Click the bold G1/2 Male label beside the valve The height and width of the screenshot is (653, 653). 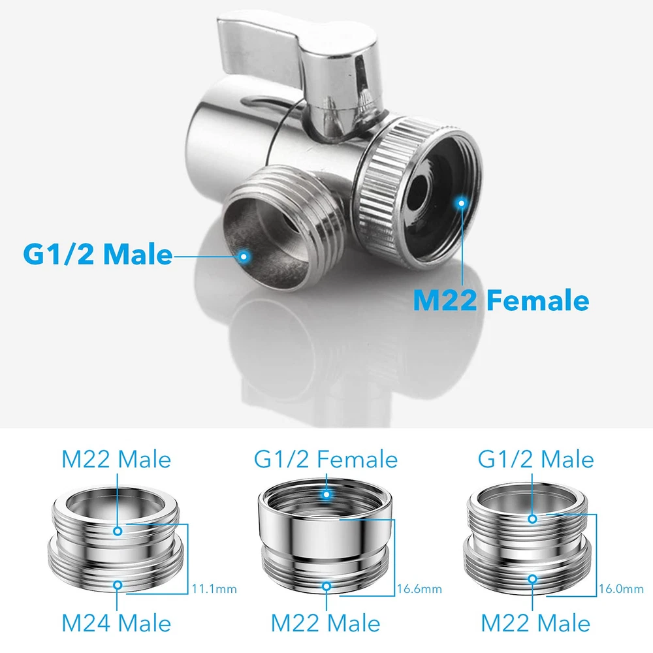[98, 253]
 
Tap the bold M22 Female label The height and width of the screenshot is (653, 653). [501, 300]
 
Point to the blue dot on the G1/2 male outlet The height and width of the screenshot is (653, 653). [244, 256]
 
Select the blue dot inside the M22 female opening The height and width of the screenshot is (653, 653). [461, 203]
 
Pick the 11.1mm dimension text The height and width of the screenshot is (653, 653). [214, 589]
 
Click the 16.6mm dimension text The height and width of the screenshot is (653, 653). [419, 589]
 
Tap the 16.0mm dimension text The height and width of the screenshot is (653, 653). [622, 589]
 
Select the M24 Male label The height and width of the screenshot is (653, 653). [117, 623]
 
